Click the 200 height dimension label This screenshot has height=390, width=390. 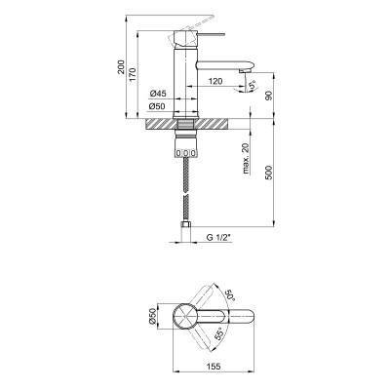(x=121, y=66)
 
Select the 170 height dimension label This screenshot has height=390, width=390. (x=134, y=76)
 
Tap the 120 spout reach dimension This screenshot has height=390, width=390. (x=215, y=81)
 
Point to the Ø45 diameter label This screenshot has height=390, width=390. (x=158, y=94)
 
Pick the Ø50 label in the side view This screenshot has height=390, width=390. (x=157, y=106)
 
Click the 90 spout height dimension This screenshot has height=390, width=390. (x=269, y=96)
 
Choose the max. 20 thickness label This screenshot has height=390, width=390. (x=246, y=159)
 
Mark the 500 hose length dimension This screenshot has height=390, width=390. (x=269, y=173)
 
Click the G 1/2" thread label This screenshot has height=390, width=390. (x=218, y=238)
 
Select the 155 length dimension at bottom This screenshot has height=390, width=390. (x=214, y=367)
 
